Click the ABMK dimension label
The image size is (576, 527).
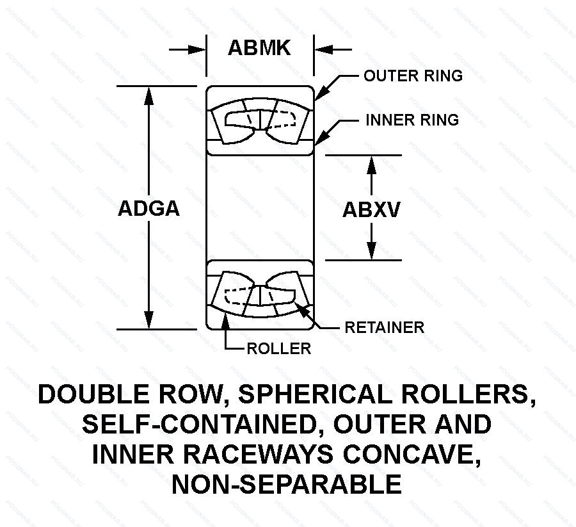click(259, 48)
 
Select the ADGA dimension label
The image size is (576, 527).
click(149, 209)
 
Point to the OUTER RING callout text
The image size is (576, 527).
click(413, 76)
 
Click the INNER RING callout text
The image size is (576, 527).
click(412, 120)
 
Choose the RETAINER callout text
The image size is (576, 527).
click(384, 327)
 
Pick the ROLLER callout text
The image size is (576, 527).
click(279, 348)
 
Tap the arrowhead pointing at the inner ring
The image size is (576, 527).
click(321, 136)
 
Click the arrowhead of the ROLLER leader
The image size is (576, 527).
click(225, 320)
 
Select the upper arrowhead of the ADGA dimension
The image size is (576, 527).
click(149, 93)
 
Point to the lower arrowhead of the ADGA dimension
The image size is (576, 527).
click(149, 321)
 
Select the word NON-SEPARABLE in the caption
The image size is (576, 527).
click(287, 484)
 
